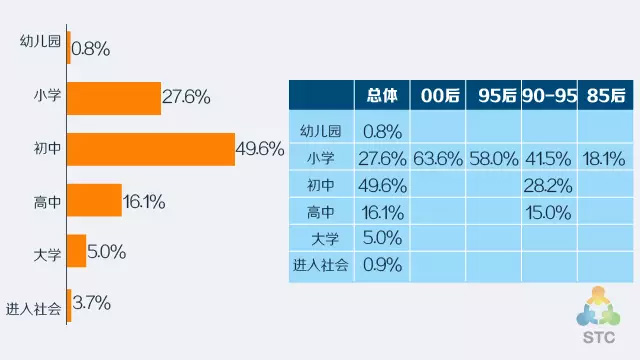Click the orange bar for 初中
tap(151, 149)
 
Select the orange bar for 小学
tap(114, 98)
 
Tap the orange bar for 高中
tap(94, 200)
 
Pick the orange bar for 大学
tap(77, 251)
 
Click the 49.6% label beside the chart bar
tap(260, 149)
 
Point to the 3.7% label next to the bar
tap(91, 303)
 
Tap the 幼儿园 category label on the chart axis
tap(40, 41)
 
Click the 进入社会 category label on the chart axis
tap(33, 309)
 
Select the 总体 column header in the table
tap(382, 96)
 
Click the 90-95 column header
tap(549, 96)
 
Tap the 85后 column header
tap(606, 96)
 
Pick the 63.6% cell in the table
tap(438, 159)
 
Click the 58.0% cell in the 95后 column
tap(494, 159)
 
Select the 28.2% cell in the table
tap(548, 186)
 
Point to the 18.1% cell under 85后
tap(604, 159)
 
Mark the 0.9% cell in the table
tap(382, 265)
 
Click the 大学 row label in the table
tap(325, 239)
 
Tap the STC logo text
tap(599, 338)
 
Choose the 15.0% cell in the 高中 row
tap(548, 213)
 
